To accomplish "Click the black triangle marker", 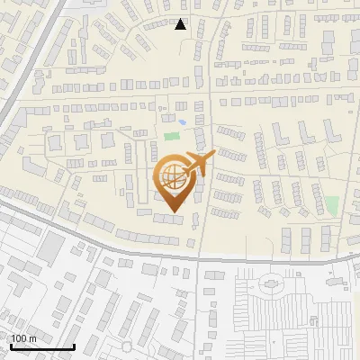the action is pos(181,24).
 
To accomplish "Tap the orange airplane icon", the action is pos(199,162).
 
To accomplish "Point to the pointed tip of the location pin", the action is pos(172,213).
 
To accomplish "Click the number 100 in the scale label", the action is pos(20,338).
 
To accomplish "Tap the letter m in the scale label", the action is pos(33,338).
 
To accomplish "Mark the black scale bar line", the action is pos(41,346).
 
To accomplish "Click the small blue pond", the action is pos(182,122).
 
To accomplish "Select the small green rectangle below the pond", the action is pos(171,138).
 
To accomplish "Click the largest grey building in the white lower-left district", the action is pos(52,247).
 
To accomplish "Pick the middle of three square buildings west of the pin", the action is pos(82,141).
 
